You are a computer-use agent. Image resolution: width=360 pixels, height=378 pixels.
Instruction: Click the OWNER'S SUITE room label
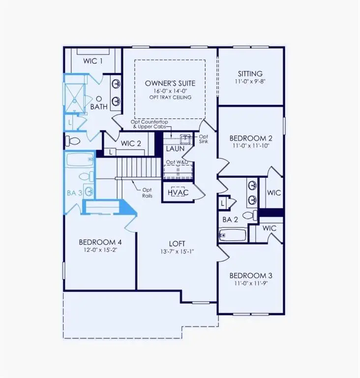pos(170,83)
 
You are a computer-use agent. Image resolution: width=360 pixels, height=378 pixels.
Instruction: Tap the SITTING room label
pos(250,73)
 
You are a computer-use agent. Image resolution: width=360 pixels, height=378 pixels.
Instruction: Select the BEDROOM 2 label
pos(250,138)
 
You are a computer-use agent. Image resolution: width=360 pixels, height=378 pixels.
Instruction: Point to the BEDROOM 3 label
pos(250,275)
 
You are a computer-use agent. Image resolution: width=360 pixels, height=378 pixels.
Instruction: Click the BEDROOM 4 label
pos(100,242)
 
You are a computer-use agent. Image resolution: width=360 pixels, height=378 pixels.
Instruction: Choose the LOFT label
pos(177,244)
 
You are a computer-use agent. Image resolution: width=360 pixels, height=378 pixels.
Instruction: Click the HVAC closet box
pos(178,193)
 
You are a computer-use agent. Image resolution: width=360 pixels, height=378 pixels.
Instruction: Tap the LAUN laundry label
pos(175,148)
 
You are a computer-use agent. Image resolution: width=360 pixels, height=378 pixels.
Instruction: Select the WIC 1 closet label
pos(93,62)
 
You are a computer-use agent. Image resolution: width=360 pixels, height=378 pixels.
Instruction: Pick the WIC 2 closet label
pos(131,143)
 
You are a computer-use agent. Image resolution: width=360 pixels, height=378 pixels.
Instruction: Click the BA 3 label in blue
pos(74,193)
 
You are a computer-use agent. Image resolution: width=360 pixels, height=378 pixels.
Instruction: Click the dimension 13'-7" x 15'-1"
pos(177,252)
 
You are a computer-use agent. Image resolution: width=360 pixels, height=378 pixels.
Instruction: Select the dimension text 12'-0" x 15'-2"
pos(100,250)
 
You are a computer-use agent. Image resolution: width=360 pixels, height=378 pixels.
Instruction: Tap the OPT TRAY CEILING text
pos(170,97)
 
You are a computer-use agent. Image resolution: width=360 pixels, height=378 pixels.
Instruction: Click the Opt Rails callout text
pos(147,192)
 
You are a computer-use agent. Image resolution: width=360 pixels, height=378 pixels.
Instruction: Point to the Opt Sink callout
pos(204,139)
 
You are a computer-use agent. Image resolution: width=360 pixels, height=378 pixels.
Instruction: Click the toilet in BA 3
pos(84,176)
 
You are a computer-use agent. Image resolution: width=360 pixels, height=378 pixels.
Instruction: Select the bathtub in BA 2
pos(233,236)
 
